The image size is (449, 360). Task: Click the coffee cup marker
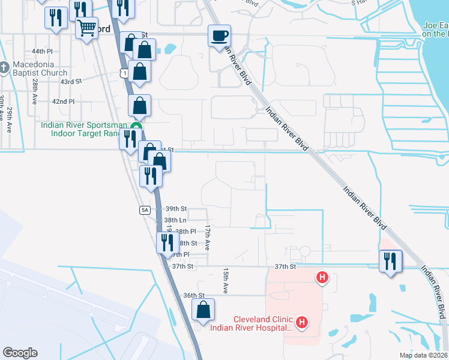coord(219,35)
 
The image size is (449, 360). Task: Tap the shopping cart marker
coord(87,27)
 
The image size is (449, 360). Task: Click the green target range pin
coord(137,127)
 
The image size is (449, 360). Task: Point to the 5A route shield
coord(145,210)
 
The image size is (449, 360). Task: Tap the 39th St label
coord(176,208)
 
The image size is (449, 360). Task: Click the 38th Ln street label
coord(175,220)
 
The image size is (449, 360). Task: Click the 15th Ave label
coord(226,280)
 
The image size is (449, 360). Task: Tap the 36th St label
coord(194,295)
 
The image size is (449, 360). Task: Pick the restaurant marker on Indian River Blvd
coord(390,260)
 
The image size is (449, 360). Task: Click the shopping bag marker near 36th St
coord(203,310)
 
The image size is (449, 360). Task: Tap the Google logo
coord(20,353)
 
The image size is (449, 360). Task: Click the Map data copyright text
coord(423,355)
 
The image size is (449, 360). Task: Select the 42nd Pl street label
coord(63,102)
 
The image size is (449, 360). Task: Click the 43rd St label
coord(71,81)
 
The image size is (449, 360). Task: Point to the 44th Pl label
coord(43,52)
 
